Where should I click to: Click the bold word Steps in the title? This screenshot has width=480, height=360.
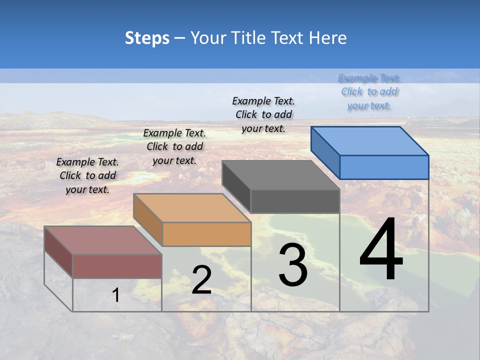(147, 38)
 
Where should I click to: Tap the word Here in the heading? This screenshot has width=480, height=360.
(328, 38)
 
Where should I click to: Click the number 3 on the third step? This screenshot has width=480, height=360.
(292, 265)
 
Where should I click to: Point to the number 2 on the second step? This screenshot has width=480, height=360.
(201, 280)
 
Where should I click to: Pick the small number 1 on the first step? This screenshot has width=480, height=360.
(116, 295)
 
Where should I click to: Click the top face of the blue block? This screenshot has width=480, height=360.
(370, 140)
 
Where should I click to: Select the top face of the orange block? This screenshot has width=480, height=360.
(192, 208)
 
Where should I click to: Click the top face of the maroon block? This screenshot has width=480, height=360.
(103, 240)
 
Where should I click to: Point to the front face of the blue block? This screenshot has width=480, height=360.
(384, 167)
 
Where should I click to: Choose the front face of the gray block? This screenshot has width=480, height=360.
(295, 201)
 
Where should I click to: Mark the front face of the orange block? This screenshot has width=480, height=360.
(206, 234)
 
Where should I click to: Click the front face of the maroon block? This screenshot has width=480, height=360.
(117, 266)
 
